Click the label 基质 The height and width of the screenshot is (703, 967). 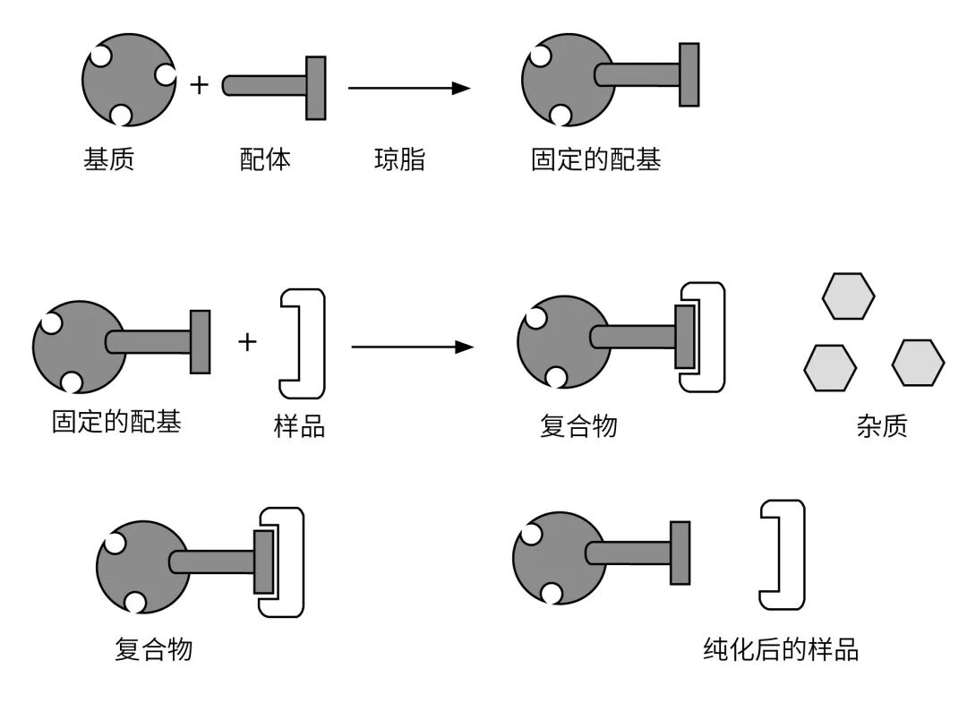108,161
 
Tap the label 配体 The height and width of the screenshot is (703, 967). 266,161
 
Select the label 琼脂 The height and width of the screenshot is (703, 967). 399,161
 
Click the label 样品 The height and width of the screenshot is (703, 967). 299,426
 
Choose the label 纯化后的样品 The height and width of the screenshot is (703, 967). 781,649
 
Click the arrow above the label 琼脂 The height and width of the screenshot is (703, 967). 408,88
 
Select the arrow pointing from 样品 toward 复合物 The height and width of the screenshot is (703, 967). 411,347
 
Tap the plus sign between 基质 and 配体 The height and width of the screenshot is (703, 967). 199,86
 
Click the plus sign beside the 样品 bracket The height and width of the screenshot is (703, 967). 247,341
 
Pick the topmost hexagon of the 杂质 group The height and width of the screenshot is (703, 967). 848,296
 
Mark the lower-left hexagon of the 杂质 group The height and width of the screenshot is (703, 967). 830,367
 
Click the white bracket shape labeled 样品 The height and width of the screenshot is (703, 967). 303,344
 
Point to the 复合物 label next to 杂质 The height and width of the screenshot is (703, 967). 578,426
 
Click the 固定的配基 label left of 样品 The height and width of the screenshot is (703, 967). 116,422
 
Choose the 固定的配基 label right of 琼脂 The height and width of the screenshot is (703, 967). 595,161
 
